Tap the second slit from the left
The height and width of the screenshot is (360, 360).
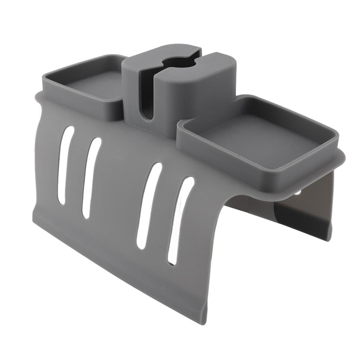coord(91,177)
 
